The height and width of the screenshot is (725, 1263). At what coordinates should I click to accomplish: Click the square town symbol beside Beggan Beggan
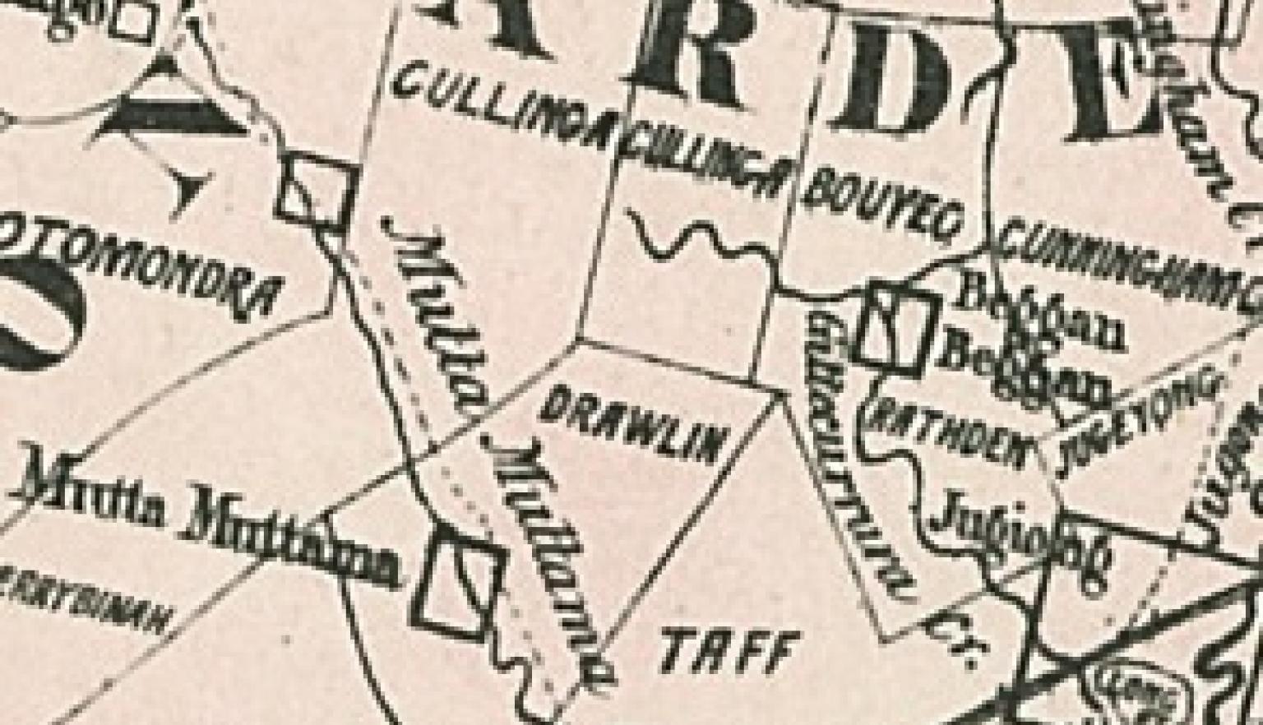tap(898, 326)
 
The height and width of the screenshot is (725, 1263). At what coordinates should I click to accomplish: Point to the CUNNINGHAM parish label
tap(1131, 263)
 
